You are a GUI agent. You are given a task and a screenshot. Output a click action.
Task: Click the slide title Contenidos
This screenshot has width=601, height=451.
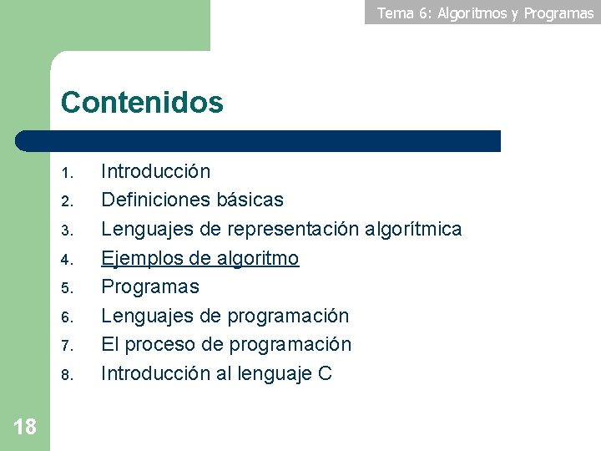point(142,103)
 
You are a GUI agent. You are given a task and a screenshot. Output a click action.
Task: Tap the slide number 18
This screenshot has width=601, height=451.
point(25,428)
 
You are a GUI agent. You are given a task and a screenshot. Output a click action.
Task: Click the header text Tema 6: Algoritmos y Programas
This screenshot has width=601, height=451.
point(485,13)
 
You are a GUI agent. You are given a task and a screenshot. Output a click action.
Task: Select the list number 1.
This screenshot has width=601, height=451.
point(68,175)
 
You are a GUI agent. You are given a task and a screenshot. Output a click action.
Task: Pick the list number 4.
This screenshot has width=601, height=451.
point(68,260)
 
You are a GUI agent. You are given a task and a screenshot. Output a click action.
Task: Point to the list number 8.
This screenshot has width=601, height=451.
point(68,375)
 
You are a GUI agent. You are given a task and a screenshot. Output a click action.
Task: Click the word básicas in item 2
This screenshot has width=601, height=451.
point(250,200)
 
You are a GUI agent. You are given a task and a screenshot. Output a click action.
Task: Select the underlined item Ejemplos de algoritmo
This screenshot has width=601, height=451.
point(199,258)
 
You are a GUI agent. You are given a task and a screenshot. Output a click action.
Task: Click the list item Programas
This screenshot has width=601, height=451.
point(150,286)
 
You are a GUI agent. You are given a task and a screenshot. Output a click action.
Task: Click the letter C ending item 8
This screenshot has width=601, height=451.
point(325,373)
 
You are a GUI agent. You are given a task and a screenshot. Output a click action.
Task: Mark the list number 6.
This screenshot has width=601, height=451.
point(68,317)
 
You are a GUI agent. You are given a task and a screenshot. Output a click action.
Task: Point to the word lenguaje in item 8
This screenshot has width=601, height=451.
point(275,373)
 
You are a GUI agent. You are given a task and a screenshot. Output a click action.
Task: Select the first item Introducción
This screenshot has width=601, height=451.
point(155,172)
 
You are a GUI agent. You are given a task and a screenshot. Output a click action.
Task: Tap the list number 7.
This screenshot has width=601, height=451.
point(68,346)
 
